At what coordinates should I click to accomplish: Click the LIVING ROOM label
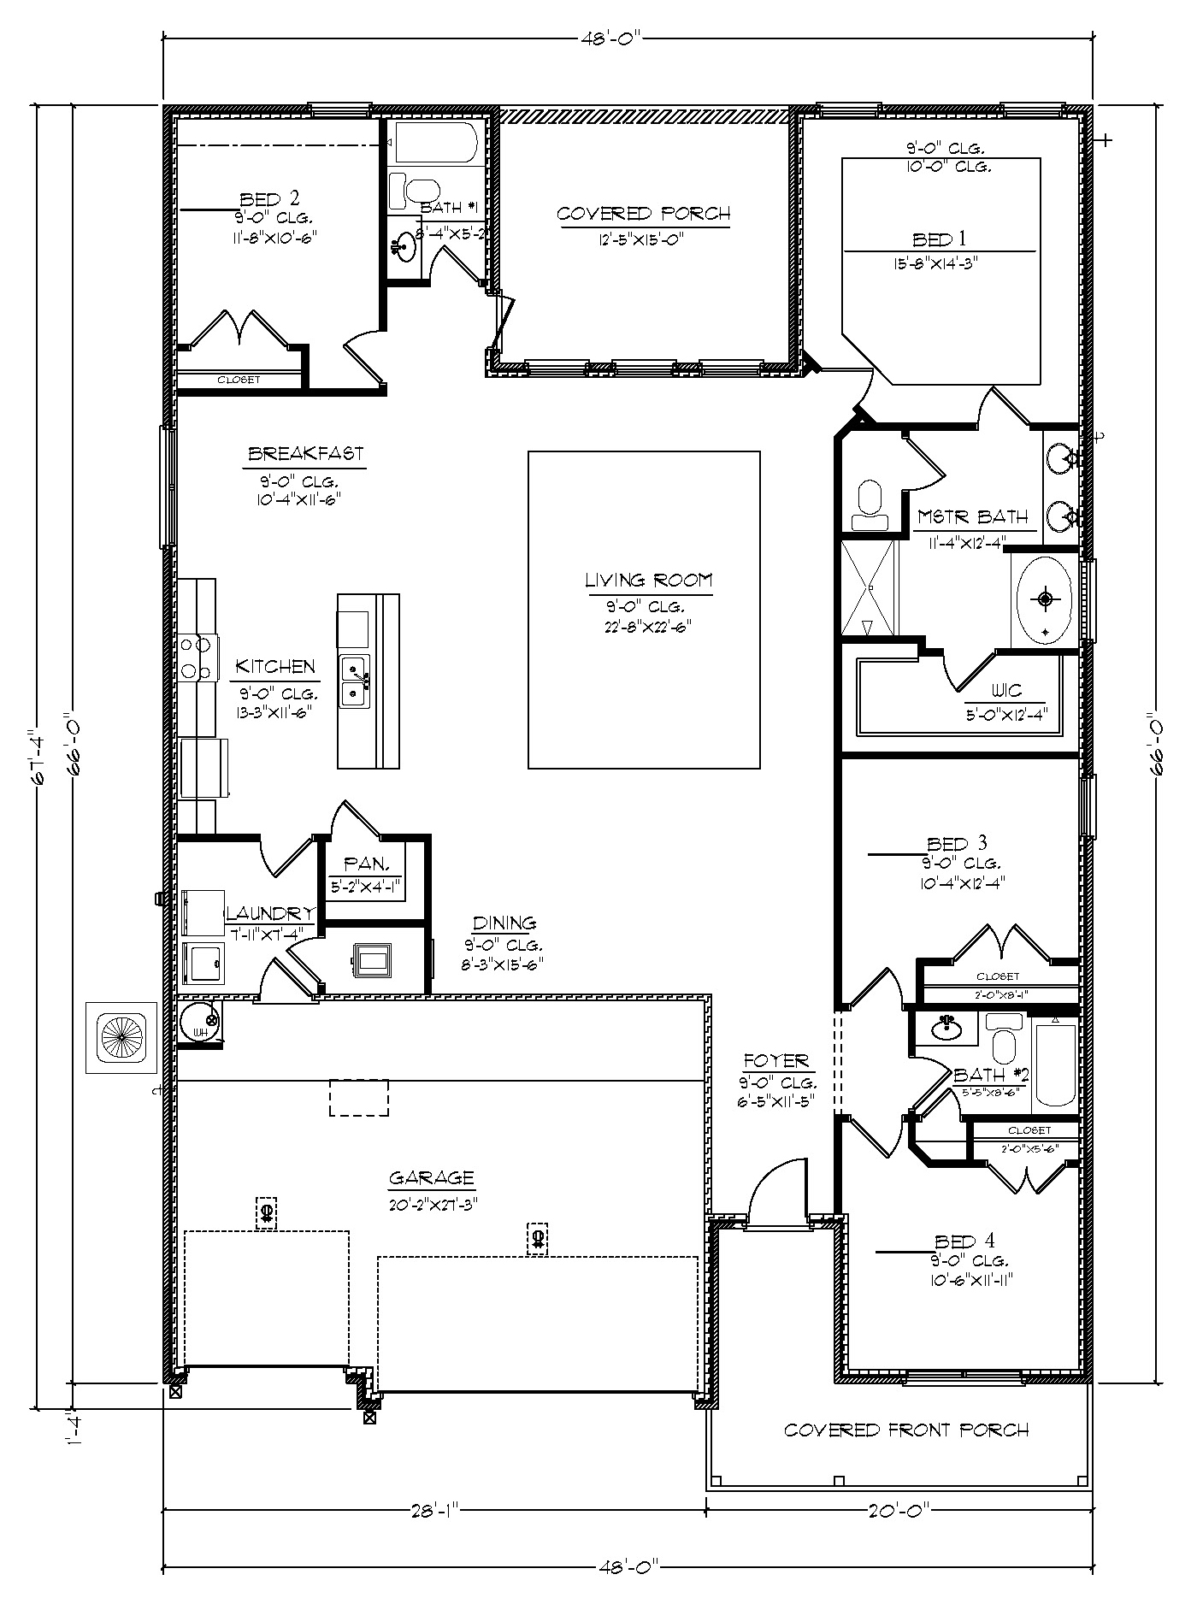[648, 581]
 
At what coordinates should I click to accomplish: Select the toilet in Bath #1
[414, 191]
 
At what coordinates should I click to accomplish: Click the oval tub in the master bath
[1045, 599]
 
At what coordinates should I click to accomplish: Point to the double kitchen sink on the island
[354, 681]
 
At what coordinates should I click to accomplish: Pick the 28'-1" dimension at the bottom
[434, 1511]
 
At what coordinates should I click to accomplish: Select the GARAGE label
[431, 1178]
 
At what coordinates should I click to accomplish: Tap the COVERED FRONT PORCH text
[906, 1430]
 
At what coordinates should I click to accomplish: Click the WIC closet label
[1006, 691]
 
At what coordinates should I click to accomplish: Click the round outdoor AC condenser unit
[121, 1037]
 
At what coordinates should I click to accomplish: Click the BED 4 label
[964, 1241]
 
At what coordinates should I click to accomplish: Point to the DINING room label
[504, 923]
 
